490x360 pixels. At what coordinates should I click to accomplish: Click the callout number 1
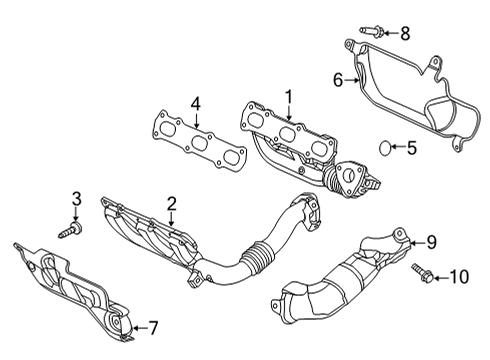pos(289,97)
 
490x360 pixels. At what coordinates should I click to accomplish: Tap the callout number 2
pos(171,204)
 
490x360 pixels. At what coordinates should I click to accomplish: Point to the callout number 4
pos(196,102)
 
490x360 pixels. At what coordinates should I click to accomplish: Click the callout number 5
pos(412,149)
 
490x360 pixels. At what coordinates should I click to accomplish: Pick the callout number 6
pos(337,78)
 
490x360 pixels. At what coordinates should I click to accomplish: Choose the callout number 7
pos(153,327)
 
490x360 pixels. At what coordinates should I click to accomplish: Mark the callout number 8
pos(405,34)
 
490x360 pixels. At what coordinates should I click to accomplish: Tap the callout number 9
pos(432,240)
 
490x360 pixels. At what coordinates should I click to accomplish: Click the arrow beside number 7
pos(138,327)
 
